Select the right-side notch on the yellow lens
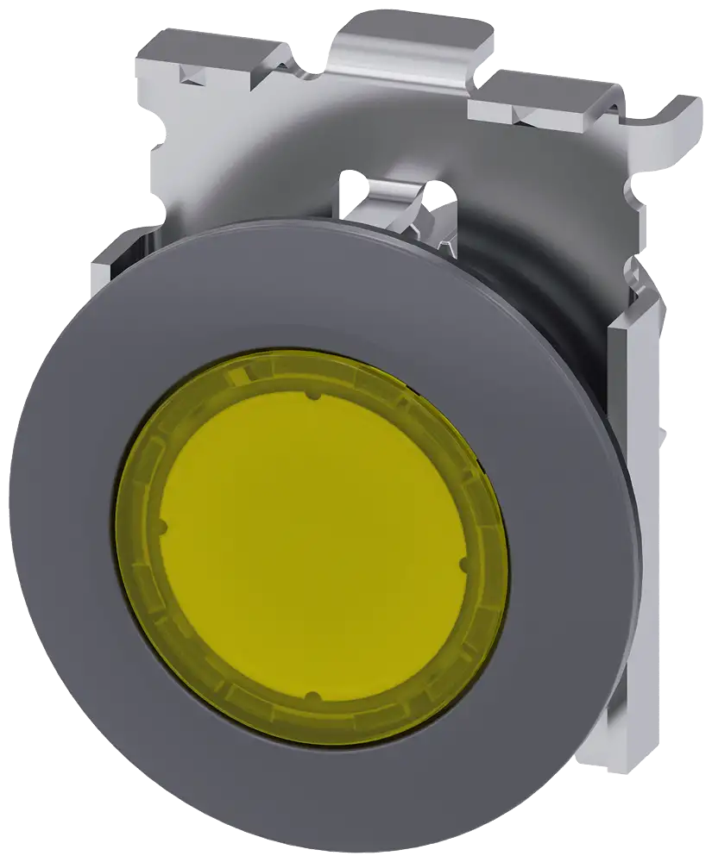(463, 566)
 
